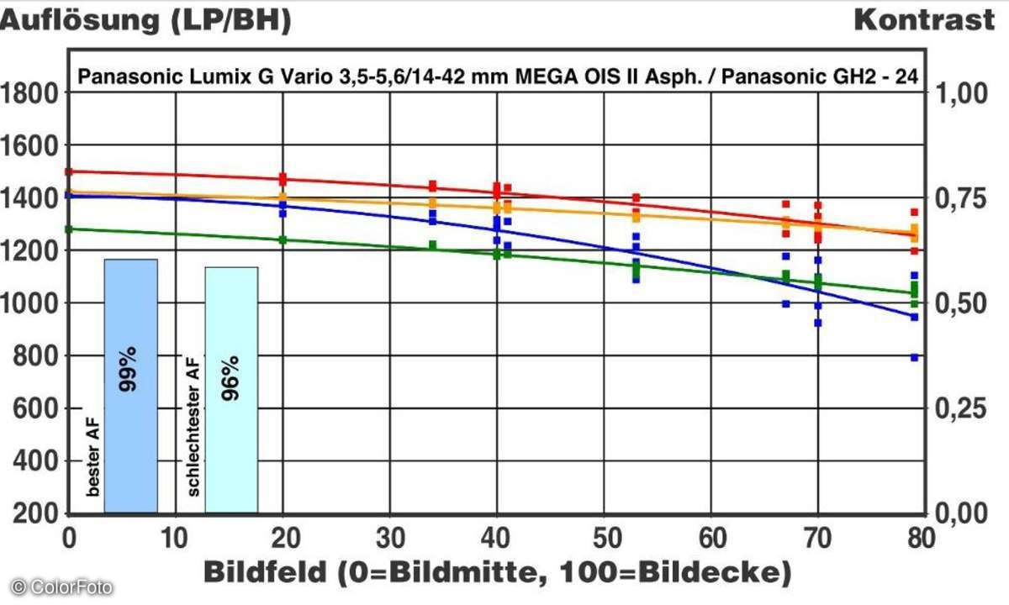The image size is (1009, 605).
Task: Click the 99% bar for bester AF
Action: click(130, 387)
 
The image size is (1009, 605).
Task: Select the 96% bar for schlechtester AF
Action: click(231, 391)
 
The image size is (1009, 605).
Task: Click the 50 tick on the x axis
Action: click(604, 535)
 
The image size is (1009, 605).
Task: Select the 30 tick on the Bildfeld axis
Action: click(389, 535)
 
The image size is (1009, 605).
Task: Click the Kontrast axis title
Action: click(923, 20)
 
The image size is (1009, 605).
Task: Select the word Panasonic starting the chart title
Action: click(117, 77)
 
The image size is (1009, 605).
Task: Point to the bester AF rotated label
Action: click(92, 460)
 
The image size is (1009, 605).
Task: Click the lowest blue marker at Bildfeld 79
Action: click(914, 357)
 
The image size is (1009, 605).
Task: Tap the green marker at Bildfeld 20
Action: click(283, 240)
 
